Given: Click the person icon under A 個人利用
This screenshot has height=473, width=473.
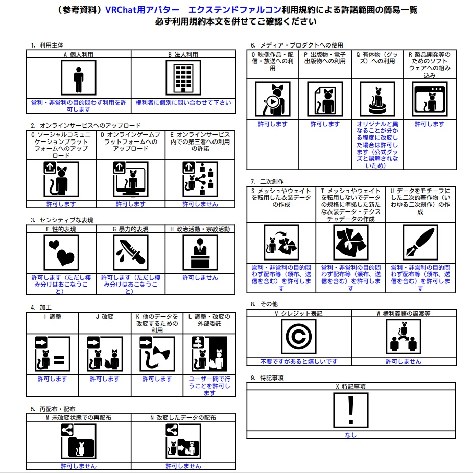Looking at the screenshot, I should [x=78, y=78].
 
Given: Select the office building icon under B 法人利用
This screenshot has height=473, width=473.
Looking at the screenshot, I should [x=183, y=78].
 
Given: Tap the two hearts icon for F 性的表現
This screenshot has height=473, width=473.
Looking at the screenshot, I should [x=61, y=252].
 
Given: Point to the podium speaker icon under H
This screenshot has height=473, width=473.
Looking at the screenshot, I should [x=200, y=252].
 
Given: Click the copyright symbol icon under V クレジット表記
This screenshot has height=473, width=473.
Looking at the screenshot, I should [x=298, y=337].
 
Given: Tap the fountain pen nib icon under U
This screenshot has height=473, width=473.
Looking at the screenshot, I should [x=420, y=242].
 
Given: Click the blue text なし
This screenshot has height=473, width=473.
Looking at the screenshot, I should [x=350, y=435].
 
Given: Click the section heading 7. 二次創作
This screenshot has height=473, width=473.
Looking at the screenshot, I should [x=267, y=181].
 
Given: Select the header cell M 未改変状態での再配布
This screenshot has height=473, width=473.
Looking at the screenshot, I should [x=79, y=417].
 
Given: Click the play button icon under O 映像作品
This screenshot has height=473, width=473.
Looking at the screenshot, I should [x=273, y=101].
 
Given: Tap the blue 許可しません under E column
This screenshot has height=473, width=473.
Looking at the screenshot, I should [x=200, y=204].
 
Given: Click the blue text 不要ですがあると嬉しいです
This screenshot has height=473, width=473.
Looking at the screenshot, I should [x=298, y=361].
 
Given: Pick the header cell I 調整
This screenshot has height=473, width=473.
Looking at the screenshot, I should [x=52, y=317].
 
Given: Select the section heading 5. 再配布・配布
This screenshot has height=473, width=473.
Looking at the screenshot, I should [x=53, y=409].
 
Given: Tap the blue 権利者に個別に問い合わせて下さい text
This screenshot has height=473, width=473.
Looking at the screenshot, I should [x=183, y=103].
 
